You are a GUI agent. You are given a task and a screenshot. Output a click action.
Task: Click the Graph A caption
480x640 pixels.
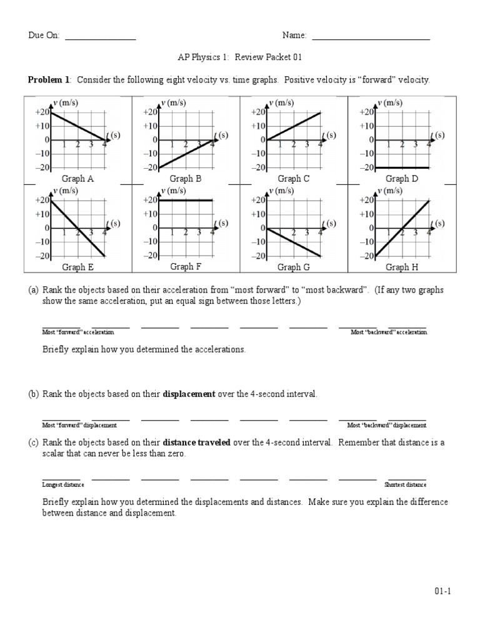click(77, 179)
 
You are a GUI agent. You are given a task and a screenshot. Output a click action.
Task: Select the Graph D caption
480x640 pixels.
click(397, 179)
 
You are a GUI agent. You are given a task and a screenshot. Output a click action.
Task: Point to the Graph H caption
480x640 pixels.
click(397, 267)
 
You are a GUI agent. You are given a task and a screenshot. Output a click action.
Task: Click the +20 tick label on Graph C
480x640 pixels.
click(258, 112)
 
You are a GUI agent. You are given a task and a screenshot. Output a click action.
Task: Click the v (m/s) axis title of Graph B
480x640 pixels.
click(172, 102)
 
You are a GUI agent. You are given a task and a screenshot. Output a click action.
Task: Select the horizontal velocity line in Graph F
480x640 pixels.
click(186, 200)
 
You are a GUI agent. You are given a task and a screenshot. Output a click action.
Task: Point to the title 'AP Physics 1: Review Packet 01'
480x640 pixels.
click(240, 57)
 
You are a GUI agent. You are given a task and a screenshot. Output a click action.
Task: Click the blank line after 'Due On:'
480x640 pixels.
click(101, 39)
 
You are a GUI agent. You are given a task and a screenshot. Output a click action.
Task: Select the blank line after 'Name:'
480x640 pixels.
click(371, 39)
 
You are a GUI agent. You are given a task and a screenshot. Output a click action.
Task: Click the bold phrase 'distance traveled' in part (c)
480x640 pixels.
click(197, 442)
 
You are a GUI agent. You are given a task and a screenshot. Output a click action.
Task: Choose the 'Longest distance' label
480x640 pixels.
click(63, 484)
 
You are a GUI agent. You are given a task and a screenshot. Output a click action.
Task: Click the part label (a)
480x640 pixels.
click(33, 291)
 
